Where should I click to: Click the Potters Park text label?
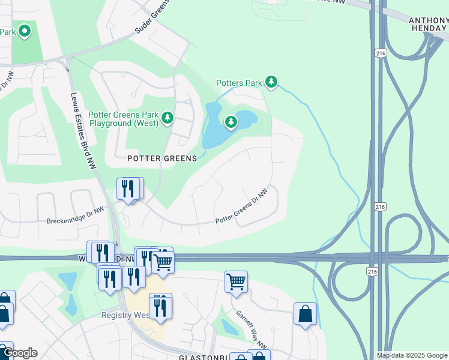click(239, 83)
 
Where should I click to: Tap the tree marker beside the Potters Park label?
click(271, 82)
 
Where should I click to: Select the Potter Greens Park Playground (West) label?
click(123, 119)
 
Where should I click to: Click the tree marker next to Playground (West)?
click(167, 118)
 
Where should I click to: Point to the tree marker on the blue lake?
click(231, 123)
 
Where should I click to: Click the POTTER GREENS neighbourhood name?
click(162, 158)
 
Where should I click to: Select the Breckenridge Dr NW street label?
click(76, 221)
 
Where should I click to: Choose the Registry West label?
click(125, 315)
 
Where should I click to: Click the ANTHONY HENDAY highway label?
click(428, 24)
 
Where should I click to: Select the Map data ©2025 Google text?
click(412, 355)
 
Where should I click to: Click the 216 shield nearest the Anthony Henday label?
click(379, 53)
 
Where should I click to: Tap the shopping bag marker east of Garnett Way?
click(305, 314)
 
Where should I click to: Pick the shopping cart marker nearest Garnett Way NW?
click(236, 281)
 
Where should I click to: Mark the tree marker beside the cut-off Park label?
click(24, 31)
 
